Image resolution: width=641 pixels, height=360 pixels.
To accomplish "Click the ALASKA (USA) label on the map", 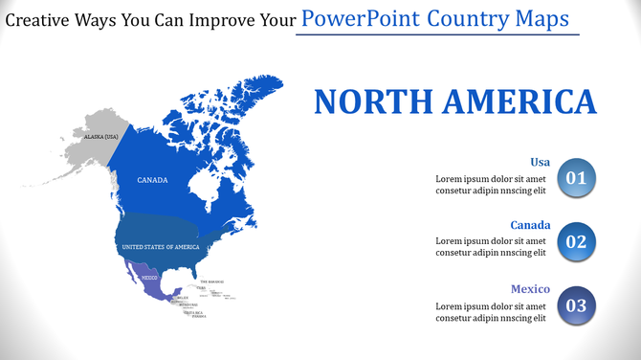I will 100,137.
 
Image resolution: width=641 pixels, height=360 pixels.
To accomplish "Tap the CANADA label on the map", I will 153,180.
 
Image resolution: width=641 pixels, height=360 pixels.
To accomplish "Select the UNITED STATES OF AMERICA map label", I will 160,247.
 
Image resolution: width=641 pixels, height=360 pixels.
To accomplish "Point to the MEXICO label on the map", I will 149,277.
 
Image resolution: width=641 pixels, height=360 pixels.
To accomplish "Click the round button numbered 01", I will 575,178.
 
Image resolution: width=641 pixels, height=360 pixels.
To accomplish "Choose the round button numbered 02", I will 575,241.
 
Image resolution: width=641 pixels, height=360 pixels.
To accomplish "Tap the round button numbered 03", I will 575,305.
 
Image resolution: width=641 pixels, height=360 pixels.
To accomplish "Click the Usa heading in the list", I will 540,162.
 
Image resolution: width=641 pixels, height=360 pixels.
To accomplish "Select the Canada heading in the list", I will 530,225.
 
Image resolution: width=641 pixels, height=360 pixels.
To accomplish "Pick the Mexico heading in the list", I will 529,288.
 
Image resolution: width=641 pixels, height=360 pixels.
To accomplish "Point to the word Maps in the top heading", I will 542,18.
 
